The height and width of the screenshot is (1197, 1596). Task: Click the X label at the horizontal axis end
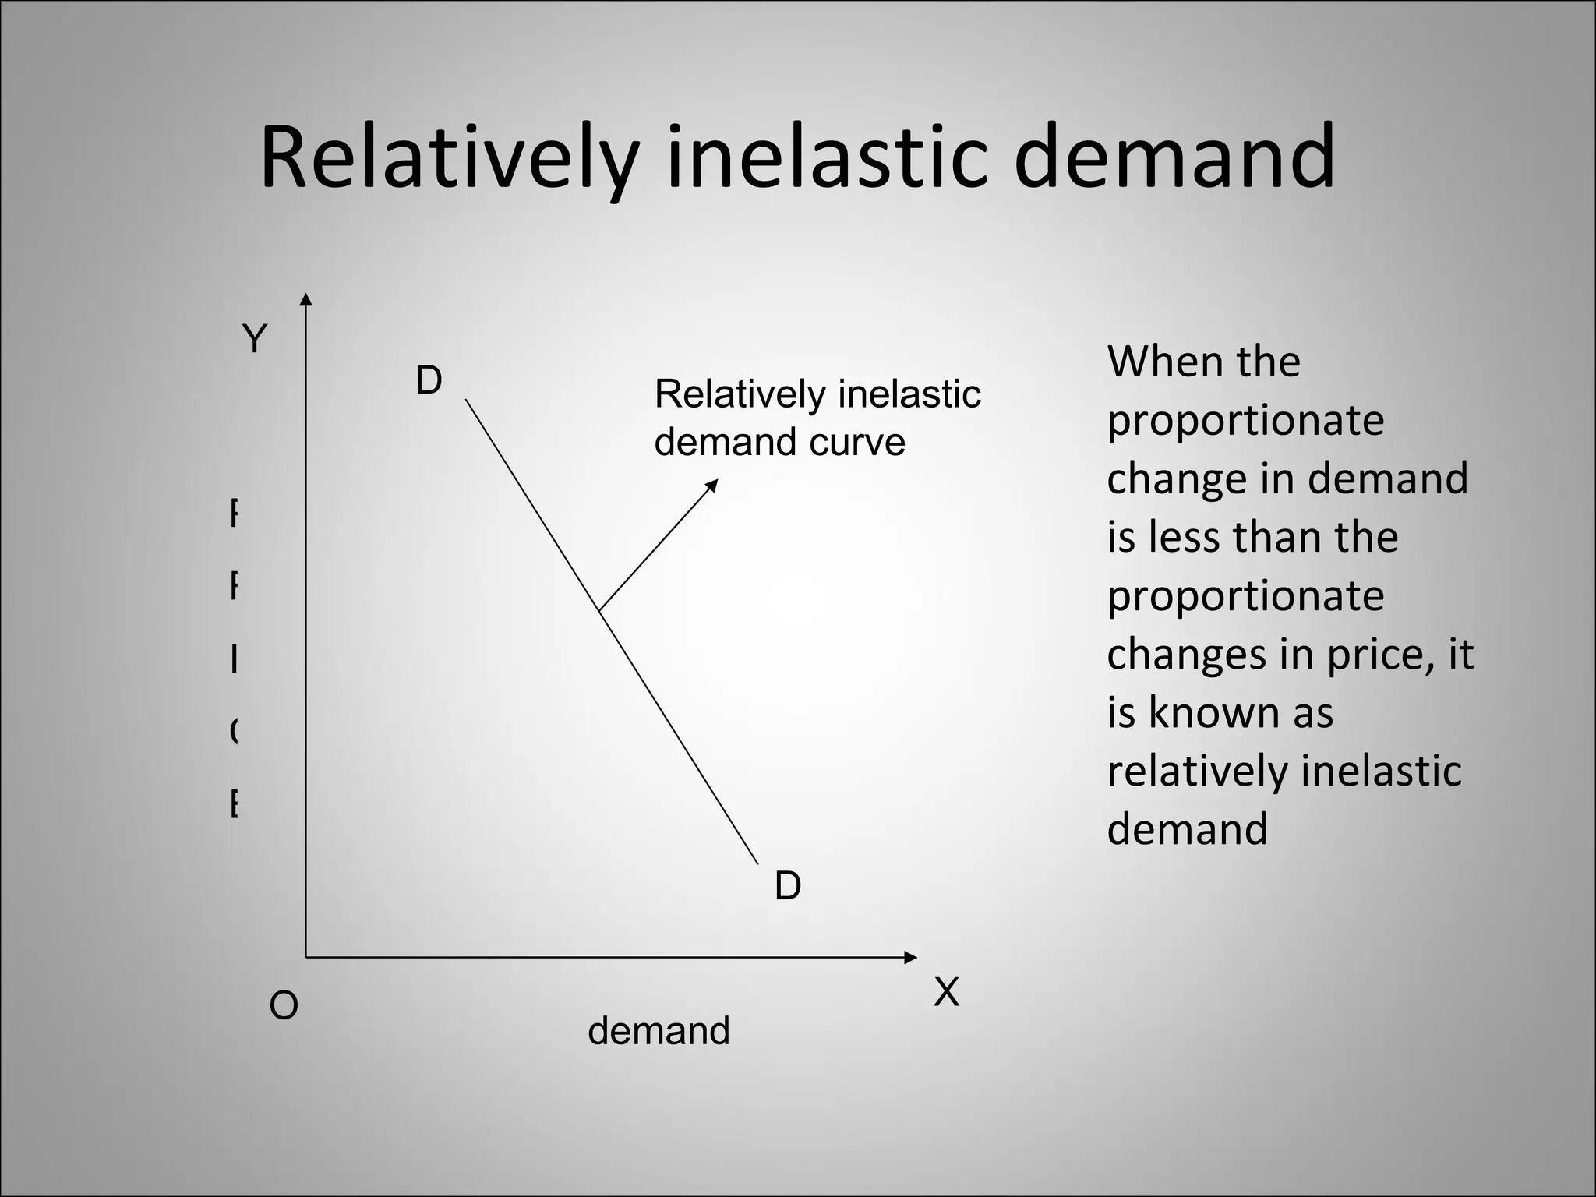coord(946,993)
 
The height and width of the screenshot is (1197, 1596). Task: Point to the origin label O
coord(284,1006)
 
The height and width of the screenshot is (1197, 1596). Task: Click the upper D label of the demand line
coord(429,381)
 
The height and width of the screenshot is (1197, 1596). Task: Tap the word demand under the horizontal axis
coord(659,1031)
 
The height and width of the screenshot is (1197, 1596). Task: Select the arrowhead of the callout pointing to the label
coord(711,485)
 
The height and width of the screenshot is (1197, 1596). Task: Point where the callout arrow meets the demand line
coord(599,610)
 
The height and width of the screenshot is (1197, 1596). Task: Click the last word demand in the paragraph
coord(1187,829)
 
